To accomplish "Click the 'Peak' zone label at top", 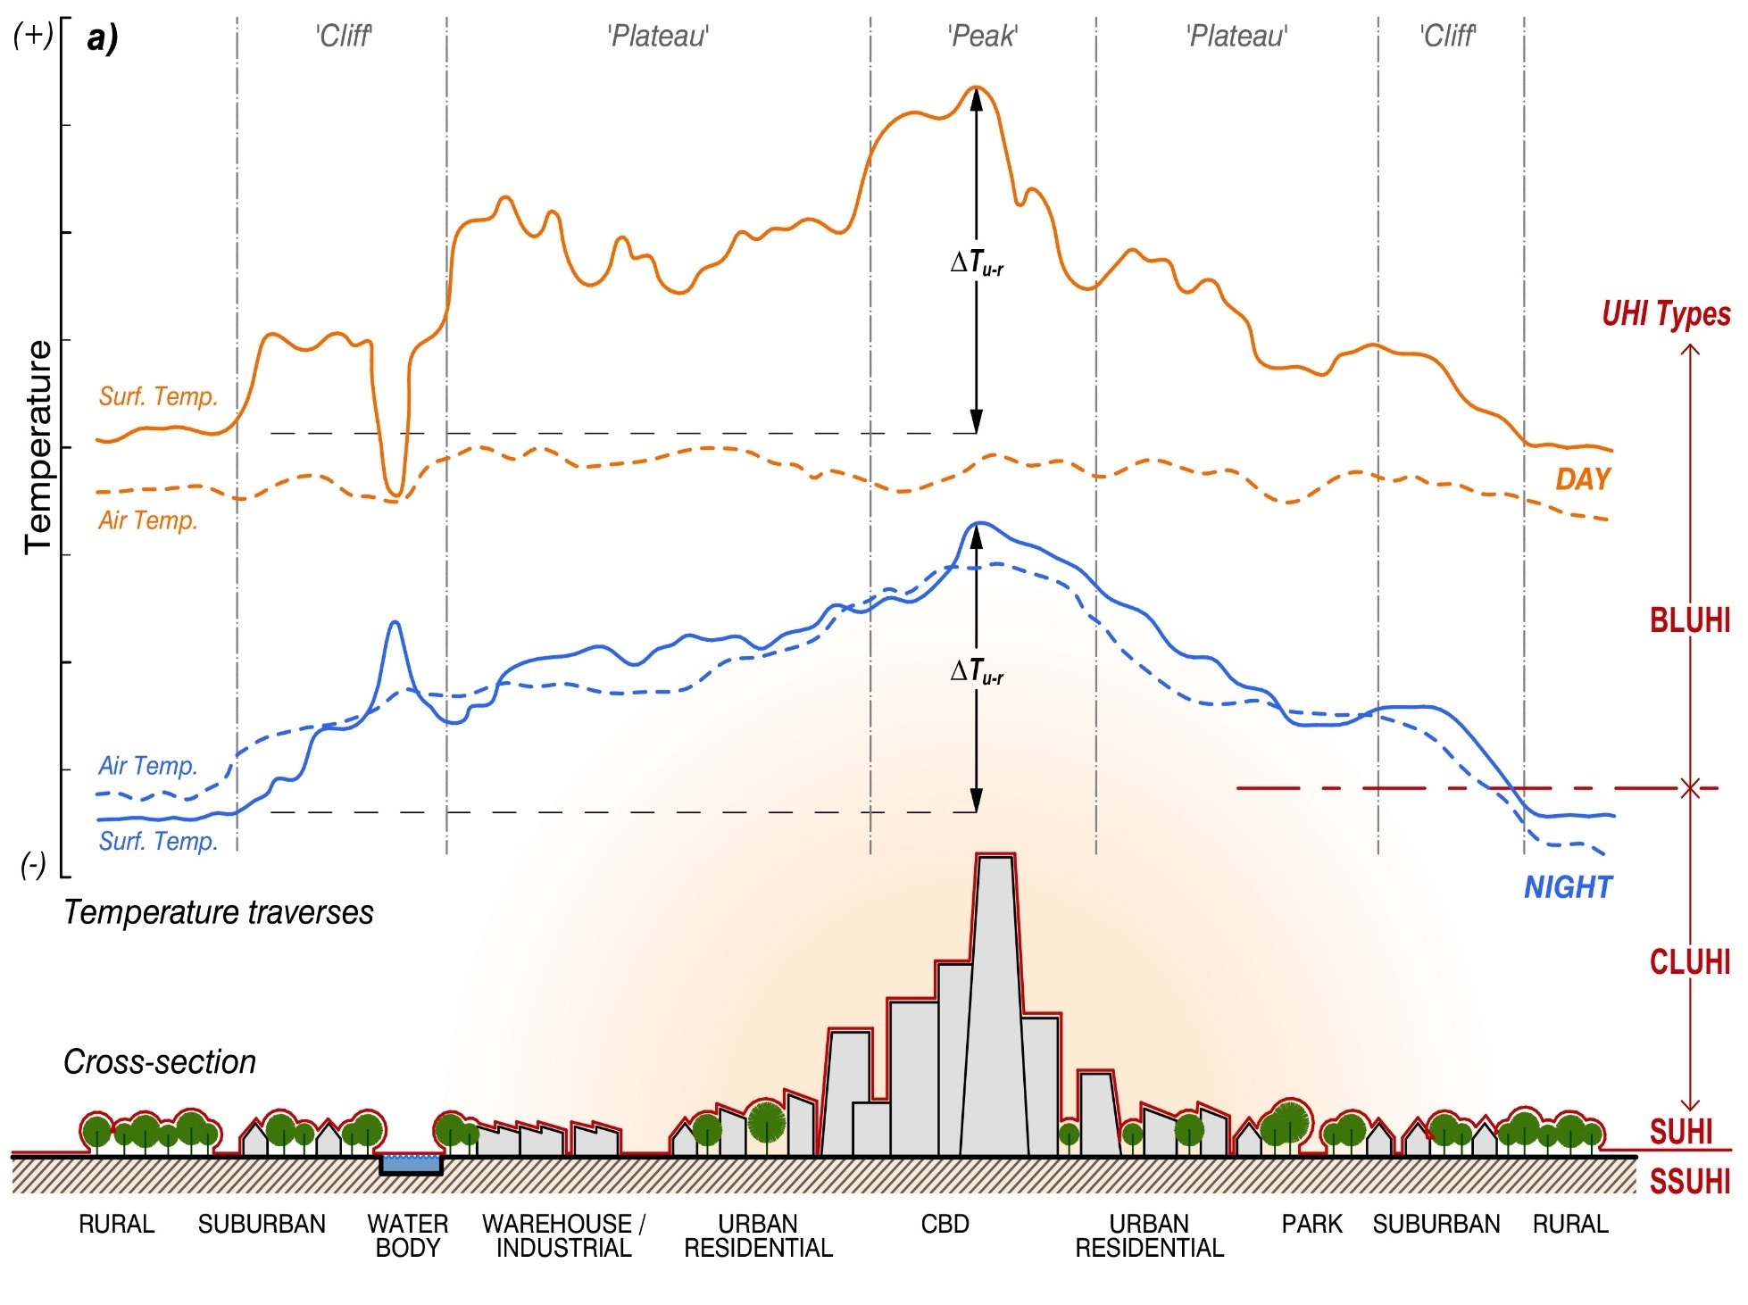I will click(982, 37).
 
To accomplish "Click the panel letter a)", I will click(103, 38).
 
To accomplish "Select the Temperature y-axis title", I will click(38, 446).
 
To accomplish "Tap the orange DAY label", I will click(1582, 479).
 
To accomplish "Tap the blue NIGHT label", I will click(1568, 886).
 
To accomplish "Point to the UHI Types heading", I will click(1665, 314).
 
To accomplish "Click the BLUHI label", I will click(1689, 619).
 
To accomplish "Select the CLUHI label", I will click(1689, 961).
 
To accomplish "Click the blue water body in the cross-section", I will click(411, 1163).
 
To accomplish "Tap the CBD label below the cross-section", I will click(945, 1224).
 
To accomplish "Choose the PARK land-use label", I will click(1311, 1224).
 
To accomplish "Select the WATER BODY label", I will click(408, 1235).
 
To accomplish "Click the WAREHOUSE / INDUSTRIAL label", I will click(564, 1235).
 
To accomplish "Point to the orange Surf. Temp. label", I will click(158, 396).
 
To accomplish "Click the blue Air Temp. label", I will click(147, 766).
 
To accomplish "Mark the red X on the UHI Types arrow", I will click(1689, 788).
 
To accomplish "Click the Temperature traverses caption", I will click(219, 912).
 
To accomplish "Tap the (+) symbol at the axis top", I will click(33, 36).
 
